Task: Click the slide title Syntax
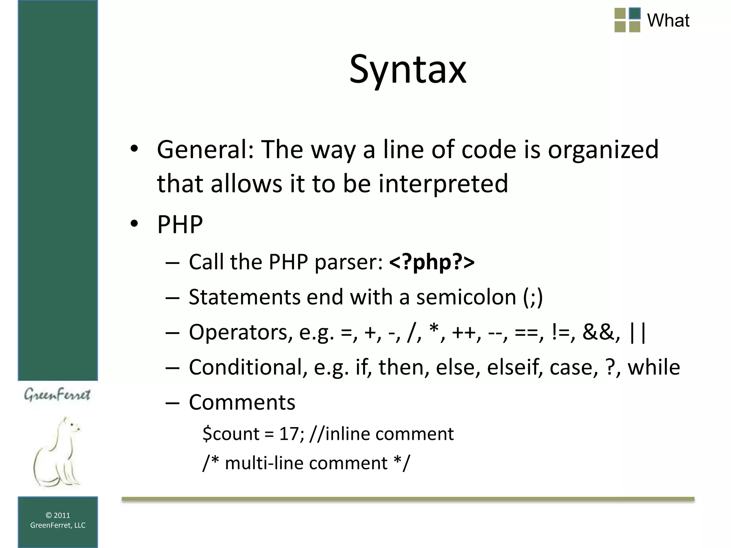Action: point(408,69)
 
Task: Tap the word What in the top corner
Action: point(668,20)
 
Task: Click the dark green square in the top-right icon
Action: point(635,14)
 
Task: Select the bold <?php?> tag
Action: point(432,262)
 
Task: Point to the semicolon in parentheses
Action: point(533,297)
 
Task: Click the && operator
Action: point(601,332)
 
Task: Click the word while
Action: point(654,367)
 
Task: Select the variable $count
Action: point(231,434)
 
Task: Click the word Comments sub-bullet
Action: point(242,402)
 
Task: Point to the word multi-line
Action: point(264,463)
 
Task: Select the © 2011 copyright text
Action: point(58,515)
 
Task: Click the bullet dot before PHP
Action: point(134,224)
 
